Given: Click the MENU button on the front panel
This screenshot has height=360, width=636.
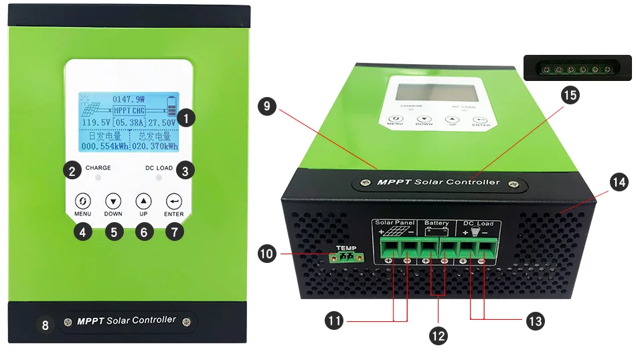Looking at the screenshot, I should click(x=82, y=200).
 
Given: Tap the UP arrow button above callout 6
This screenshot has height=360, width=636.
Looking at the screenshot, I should click(x=143, y=200).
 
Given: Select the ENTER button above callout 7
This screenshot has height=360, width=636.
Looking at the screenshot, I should click(x=174, y=200).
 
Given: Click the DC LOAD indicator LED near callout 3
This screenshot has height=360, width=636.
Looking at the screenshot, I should click(x=158, y=179).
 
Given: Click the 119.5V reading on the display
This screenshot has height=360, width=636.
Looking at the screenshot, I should click(x=94, y=123).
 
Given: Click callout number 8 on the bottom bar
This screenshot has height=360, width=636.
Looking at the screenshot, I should click(x=46, y=326).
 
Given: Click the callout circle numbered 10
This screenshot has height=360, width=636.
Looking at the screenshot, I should click(x=266, y=253).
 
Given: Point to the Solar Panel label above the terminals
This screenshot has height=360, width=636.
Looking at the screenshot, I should click(x=395, y=223).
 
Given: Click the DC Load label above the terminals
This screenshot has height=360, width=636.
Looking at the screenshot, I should click(x=478, y=223).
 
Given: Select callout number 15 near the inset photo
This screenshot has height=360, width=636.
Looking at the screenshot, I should click(x=570, y=95).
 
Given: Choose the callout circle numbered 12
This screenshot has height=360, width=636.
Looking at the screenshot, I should click(x=437, y=335).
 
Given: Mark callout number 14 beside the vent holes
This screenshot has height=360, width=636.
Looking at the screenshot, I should click(x=617, y=182).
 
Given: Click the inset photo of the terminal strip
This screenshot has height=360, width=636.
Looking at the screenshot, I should click(x=576, y=68).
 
